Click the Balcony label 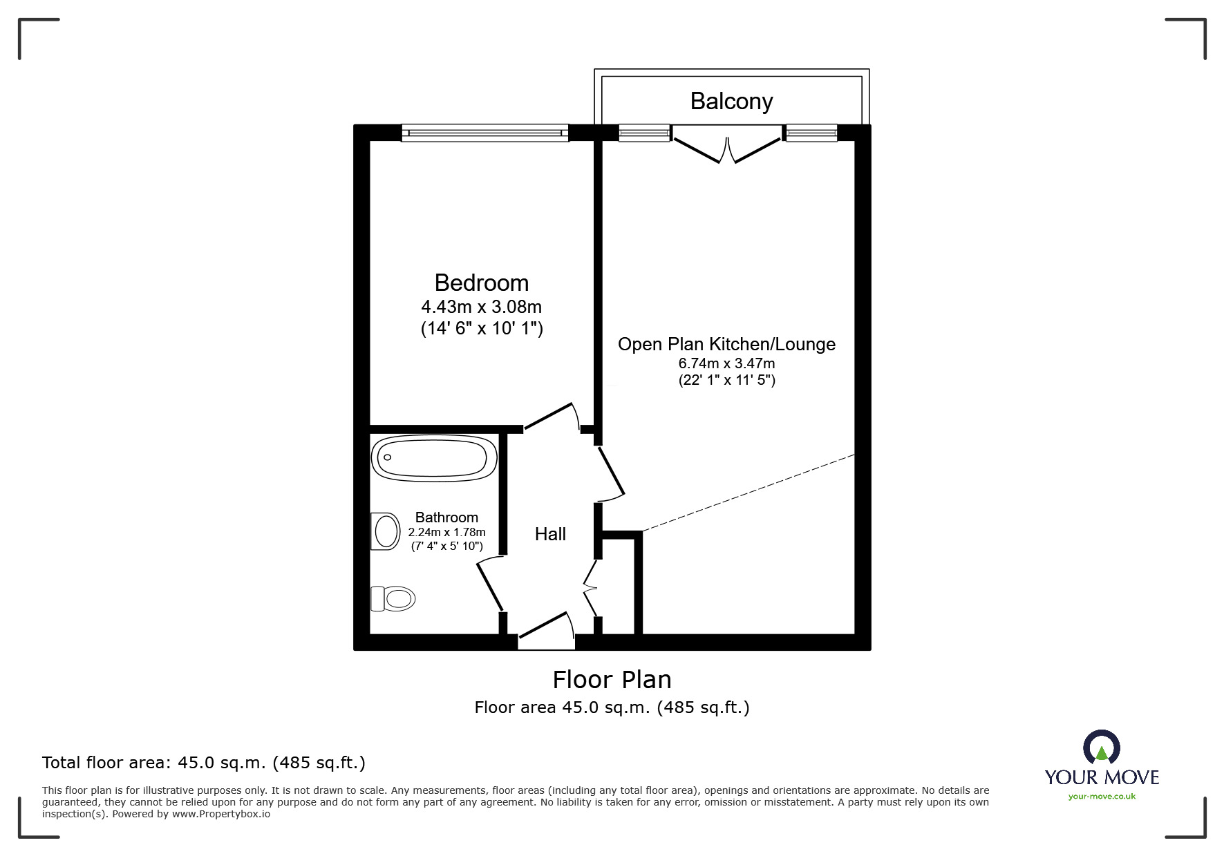[x=731, y=102]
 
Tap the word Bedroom [x=481, y=283]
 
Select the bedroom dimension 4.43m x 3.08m [x=481, y=306]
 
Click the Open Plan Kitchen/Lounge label [x=726, y=344]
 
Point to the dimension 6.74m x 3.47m [x=726, y=363]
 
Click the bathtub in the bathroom [x=434, y=458]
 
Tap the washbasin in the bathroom [x=385, y=531]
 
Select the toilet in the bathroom [x=393, y=598]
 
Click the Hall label [x=550, y=534]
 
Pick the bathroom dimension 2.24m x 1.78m [x=446, y=532]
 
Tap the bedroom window [x=484, y=133]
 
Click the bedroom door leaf [x=550, y=416]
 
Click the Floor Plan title [x=612, y=680]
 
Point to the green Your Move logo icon [x=1101, y=748]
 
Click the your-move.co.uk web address [x=1102, y=797]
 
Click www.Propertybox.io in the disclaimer [x=220, y=814]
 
